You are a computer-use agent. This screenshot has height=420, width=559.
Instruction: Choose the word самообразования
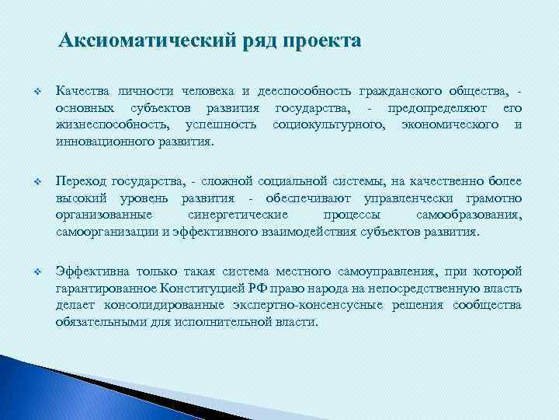pyautogui.click(x=469, y=214)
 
